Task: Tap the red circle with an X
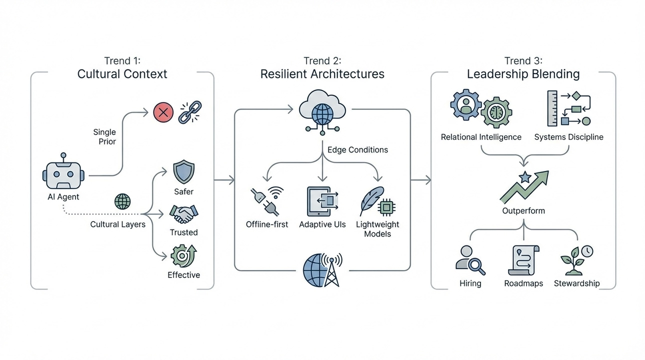pyautogui.click(x=163, y=112)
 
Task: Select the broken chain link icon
pyautogui.click(x=190, y=112)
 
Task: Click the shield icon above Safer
pyautogui.click(x=183, y=172)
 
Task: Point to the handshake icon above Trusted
pyautogui.click(x=183, y=214)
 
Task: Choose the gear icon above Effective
pyautogui.click(x=183, y=255)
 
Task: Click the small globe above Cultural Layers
pyautogui.click(x=122, y=202)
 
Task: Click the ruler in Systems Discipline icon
pyautogui.click(x=552, y=108)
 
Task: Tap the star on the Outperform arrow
pyautogui.click(x=524, y=176)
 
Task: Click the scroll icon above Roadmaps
pyautogui.click(x=523, y=260)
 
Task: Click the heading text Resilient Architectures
pyautogui.click(x=322, y=74)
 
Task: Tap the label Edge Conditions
pyautogui.click(x=357, y=149)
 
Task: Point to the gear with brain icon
pyautogui.click(x=496, y=112)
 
